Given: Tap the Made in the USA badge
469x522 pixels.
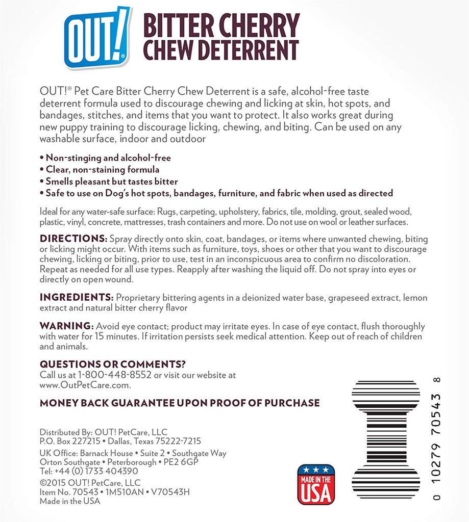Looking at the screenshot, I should pyautogui.click(x=315, y=484).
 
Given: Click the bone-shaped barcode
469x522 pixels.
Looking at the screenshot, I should pyautogui.click(x=386, y=439).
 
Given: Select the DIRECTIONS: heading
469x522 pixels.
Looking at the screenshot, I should pyautogui.click(x=73, y=239).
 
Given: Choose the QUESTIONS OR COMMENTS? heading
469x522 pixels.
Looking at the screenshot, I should pyautogui.click(x=112, y=364).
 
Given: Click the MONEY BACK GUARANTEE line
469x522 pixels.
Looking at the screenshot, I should pyautogui.click(x=180, y=403).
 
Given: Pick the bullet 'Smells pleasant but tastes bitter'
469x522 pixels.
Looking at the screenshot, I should pyautogui.click(x=112, y=181).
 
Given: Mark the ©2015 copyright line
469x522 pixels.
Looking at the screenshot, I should pyautogui.click(x=90, y=482).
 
